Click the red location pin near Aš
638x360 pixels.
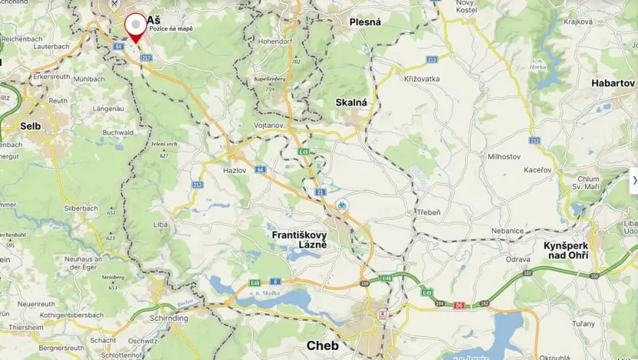coord(135,25)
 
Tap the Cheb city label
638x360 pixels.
coord(323,345)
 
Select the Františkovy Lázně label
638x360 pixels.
coord(299,238)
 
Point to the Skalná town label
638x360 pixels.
coord(351,102)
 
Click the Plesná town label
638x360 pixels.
coord(365,22)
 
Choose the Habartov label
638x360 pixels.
coord(613,83)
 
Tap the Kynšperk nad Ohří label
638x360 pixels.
coord(570,250)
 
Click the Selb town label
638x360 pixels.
coord(31,125)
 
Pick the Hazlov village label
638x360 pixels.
coord(234,171)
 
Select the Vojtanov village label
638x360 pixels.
coord(269,125)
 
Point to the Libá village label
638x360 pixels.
coord(161,223)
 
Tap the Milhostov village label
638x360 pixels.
coord(504,155)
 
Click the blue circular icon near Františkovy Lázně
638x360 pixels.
coord(342,205)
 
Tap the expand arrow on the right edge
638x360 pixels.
coord(634,180)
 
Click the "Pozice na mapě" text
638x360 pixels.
coord(171,28)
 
